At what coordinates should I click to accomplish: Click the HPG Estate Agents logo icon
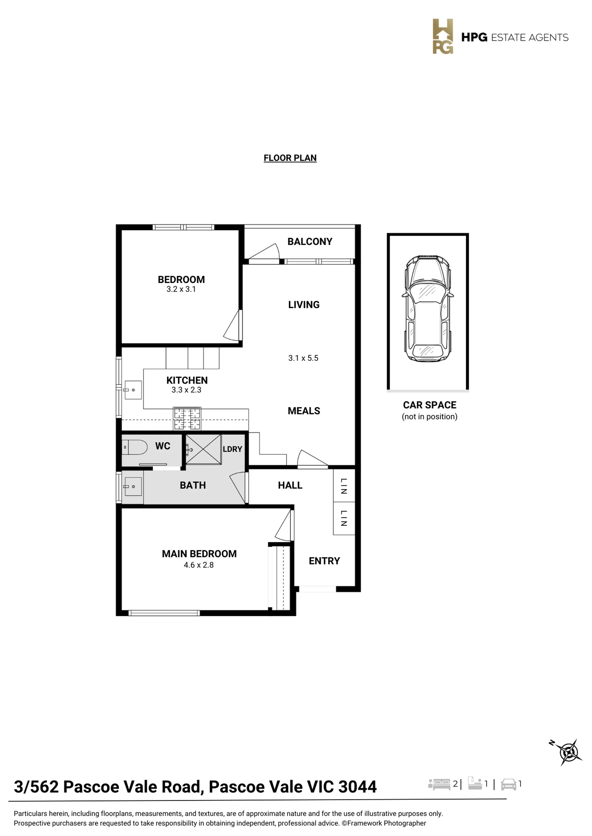click(x=443, y=36)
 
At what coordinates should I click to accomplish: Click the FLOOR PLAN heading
click(x=290, y=158)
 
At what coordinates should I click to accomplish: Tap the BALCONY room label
click(x=310, y=241)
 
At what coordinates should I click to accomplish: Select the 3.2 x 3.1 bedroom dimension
click(x=181, y=289)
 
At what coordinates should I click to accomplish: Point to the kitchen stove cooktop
click(x=187, y=418)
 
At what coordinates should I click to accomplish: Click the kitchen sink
click(x=133, y=390)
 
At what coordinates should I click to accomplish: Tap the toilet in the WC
click(x=134, y=447)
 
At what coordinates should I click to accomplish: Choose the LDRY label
click(x=232, y=449)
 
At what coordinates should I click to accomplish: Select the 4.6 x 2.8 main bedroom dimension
click(x=199, y=565)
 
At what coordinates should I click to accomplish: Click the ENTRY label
click(x=324, y=561)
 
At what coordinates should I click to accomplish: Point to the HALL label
click(x=290, y=485)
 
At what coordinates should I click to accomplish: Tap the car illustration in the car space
click(x=428, y=309)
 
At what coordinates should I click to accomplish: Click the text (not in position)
click(x=430, y=417)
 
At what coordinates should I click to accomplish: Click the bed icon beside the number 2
click(x=439, y=784)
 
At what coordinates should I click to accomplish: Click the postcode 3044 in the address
click(x=358, y=787)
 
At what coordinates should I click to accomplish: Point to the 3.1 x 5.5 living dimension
click(x=303, y=358)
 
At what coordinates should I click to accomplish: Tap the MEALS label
click(x=304, y=411)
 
